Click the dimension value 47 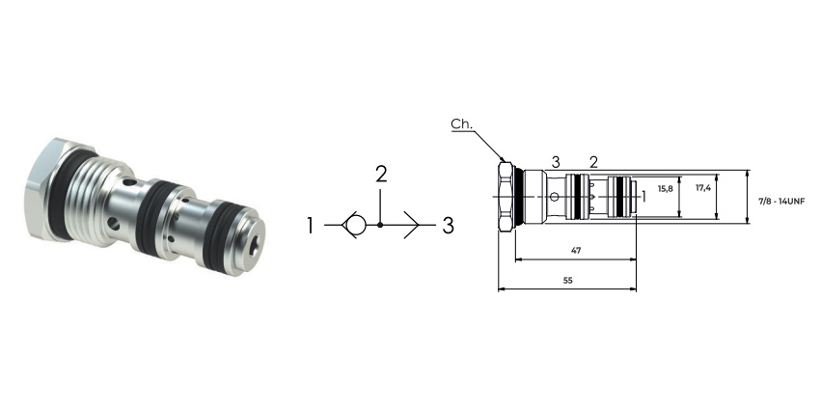[576, 251]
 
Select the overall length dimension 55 [568, 281]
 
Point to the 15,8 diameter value [666, 189]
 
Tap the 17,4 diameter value [703, 188]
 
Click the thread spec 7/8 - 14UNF [781, 201]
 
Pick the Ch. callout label [462, 123]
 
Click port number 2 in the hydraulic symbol [381, 175]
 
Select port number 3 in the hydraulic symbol [449, 226]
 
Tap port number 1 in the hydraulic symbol [310, 226]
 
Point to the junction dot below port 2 [380, 225]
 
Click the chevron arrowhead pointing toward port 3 [412, 225]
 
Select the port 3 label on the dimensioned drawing [556, 162]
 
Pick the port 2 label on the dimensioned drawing [593, 162]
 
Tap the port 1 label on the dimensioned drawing [643, 197]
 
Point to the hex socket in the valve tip [254, 245]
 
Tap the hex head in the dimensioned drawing [506, 197]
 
